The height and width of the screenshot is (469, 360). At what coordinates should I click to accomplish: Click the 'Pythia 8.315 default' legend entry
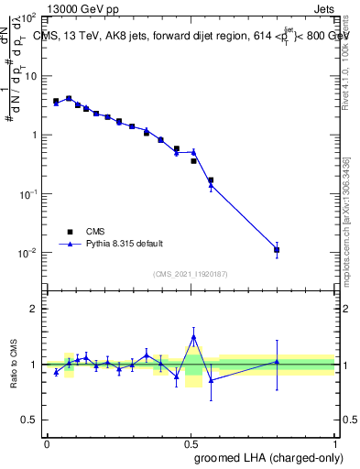point(124,244)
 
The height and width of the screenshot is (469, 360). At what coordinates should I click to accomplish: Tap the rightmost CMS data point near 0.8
point(277,249)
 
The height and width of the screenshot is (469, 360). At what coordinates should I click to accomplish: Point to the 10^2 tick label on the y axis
point(29,17)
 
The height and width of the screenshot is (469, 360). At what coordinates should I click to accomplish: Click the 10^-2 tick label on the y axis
point(27,253)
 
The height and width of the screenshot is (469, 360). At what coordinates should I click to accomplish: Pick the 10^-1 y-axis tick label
point(27,194)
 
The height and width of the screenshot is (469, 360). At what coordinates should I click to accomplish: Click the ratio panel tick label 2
point(34,309)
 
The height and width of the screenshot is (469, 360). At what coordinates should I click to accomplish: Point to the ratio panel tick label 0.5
point(29,420)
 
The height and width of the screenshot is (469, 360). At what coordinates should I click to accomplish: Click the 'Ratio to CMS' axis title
point(14,365)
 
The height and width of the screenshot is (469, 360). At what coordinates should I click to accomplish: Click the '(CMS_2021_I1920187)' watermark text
point(191,273)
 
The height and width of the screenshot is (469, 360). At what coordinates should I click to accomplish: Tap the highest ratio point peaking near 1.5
point(193,337)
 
